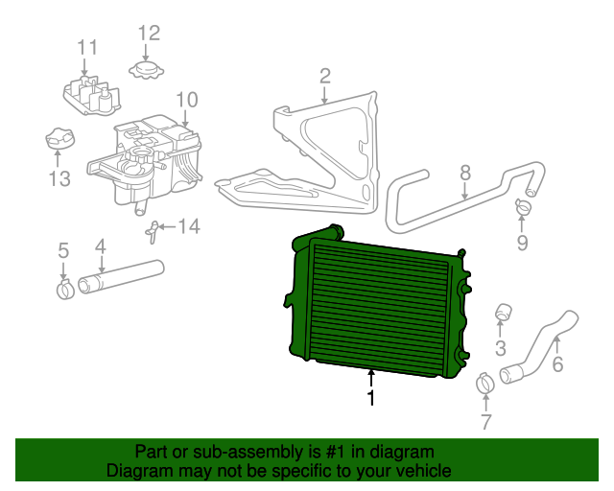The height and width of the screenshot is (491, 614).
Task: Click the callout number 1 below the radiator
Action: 371,397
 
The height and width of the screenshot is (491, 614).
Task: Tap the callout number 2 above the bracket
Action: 325,76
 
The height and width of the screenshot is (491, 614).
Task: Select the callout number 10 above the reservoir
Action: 186,99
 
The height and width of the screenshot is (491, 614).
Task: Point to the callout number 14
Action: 189,226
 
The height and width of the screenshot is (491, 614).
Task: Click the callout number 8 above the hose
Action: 465,173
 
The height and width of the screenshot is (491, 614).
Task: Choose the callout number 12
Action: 148,34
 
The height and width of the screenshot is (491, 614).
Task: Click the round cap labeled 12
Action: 147,70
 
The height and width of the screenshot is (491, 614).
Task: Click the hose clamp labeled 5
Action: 64,287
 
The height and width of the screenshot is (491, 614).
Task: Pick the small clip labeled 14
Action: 152,230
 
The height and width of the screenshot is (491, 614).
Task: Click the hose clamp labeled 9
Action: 523,204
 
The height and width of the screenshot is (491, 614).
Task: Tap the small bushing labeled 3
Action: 501,313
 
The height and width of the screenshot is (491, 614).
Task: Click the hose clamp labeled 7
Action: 485,384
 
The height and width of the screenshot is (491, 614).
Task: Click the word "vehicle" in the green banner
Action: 420,472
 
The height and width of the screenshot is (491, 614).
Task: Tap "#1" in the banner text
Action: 322,452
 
